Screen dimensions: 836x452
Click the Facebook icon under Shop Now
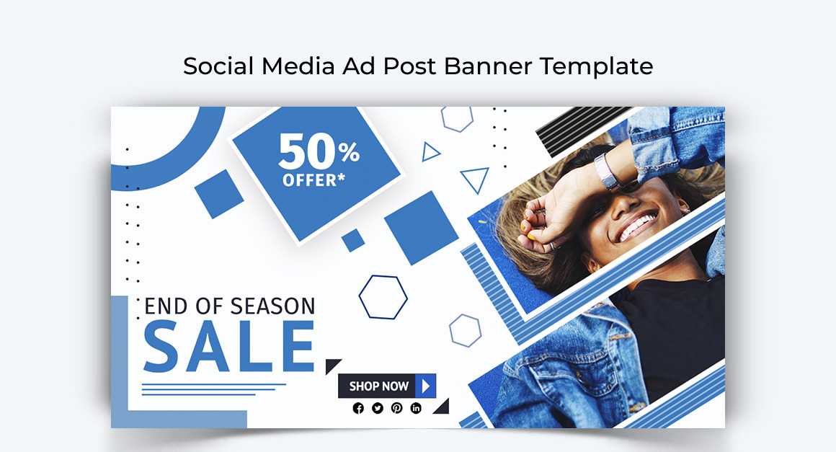pyautogui.click(x=358, y=408)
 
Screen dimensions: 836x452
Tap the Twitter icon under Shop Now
pyautogui.click(x=378, y=408)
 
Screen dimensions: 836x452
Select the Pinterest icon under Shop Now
pyautogui.click(x=396, y=408)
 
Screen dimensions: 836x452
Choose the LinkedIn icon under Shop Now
pyautogui.click(x=416, y=408)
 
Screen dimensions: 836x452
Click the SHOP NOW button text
pyautogui.click(x=378, y=386)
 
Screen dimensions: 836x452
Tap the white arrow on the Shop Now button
pyautogui.click(x=425, y=386)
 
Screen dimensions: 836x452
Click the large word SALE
pyautogui.click(x=229, y=347)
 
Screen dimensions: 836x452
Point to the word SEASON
pyautogui.click(x=272, y=306)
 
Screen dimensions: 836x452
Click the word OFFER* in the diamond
pyautogui.click(x=314, y=180)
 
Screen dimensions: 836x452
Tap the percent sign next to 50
pyautogui.click(x=350, y=152)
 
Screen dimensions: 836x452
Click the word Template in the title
pyautogui.click(x=596, y=66)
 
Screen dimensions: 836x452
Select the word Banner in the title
pyautogui.click(x=487, y=66)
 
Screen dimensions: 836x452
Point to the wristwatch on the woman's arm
pyautogui.click(x=607, y=172)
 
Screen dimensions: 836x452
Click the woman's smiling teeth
pyautogui.click(x=637, y=226)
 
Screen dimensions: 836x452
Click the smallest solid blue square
pyautogui.click(x=353, y=240)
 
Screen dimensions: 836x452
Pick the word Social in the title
pyautogui.click(x=218, y=66)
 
